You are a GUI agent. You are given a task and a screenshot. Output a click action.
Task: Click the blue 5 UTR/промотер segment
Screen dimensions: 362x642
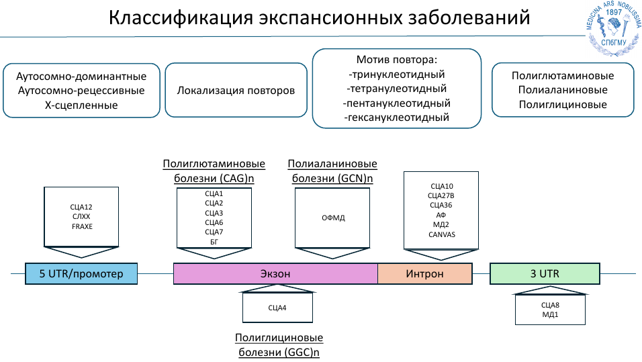pyautogui.click(x=81, y=274)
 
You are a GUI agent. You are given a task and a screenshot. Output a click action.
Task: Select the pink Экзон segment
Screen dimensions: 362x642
pyautogui.click(x=275, y=274)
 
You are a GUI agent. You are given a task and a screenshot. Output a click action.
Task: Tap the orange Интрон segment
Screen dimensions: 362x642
pyautogui.click(x=424, y=274)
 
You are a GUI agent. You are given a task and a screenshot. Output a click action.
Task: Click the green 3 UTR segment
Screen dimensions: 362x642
pyautogui.click(x=545, y=274)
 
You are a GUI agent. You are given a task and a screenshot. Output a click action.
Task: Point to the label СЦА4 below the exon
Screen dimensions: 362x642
pyautogui.click(x=277, y=308)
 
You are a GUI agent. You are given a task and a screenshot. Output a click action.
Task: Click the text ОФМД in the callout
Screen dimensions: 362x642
pyautogui.click(x=332, y=218)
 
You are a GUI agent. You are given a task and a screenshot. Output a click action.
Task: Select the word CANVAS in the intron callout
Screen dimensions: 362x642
pyautogui.click(x=441, y=234)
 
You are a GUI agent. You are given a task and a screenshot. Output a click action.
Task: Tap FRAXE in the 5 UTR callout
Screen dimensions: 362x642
pyautogui.click(x=82, y=227)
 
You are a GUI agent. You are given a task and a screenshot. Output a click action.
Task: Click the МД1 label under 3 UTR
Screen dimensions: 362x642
pyautogui.click(x=550, y=314)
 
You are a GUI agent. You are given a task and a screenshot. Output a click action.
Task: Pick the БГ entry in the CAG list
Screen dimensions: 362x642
pyautogui.click(x=214, y=242)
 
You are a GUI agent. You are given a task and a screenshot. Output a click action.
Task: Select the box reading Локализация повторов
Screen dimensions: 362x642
pyautogui.click(x=236, y=90)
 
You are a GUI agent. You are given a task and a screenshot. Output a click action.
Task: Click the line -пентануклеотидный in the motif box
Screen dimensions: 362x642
pyautogui.click(x=396, y=103)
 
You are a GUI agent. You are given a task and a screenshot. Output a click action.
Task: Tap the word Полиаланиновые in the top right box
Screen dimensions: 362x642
pyautogui.click(x=563, y=90)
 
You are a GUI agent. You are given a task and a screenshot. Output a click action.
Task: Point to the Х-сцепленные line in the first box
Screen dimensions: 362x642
pyautogui.click(x=81, y=105)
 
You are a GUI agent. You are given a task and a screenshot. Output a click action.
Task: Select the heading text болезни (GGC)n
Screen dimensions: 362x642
pyautogui.click(x=279, y=352)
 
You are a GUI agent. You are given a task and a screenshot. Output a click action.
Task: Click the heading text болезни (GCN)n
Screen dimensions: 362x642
pyautogui.click(x=332, y=179)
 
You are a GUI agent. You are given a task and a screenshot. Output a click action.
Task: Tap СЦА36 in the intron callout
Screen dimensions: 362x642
pyautogui.click(x=441, y=205)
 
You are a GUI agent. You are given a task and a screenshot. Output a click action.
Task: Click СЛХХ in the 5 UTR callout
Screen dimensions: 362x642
pyautogui.click(x=81, y=217)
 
